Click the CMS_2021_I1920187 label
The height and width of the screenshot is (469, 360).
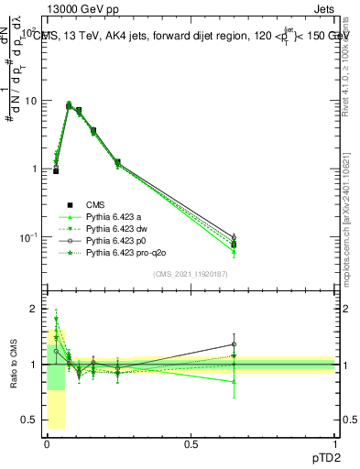[x=191, y=274]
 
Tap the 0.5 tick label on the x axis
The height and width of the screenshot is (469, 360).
[x=191, y=444]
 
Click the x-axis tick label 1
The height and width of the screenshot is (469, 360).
[x=335, y=444]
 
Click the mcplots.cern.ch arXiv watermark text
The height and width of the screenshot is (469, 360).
[x=352, y=211]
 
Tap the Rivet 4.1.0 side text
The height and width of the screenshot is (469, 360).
[x=352, y=55]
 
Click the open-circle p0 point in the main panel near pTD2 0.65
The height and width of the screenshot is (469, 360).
[x=234, y=237]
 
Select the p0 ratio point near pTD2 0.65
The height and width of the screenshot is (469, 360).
[x=234, y=345]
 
